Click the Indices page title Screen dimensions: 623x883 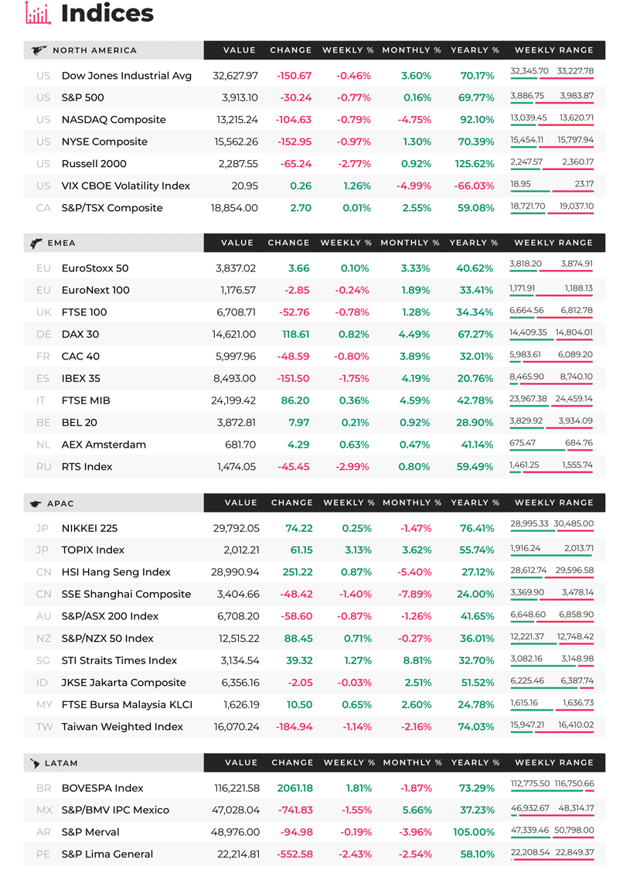(x=107, y=13)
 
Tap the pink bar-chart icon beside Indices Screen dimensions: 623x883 (x=38, y=13)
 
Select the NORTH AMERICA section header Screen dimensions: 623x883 (x=94, y=50)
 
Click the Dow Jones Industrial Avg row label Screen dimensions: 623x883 (x=127, y=76)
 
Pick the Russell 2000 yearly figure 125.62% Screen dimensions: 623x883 (x=475, y=164)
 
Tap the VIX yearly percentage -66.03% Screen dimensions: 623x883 (x=474, y=186)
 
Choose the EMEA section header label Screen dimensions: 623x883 (x=61, y=244)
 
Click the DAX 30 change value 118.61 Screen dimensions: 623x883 (x=295, y=335)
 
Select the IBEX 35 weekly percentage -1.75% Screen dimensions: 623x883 (x=353, y=378)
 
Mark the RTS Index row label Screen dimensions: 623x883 (x=87, y=467)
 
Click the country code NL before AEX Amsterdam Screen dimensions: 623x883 (x=43, y=445)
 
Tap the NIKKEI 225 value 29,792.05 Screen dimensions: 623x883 (x=237, y=528)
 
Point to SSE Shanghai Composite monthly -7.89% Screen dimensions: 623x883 (x=414, y=594)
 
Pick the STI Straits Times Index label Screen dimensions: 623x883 (x=119, y=660)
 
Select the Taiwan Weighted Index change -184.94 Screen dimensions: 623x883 (x=294, y=727)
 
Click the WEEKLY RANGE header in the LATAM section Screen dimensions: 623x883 (x=554, y=762)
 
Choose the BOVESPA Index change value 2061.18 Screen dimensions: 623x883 (x=295, y=789)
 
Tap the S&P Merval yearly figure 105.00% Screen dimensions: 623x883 (x=474, y=832)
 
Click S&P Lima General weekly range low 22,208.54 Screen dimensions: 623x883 (x=530, y=853)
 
